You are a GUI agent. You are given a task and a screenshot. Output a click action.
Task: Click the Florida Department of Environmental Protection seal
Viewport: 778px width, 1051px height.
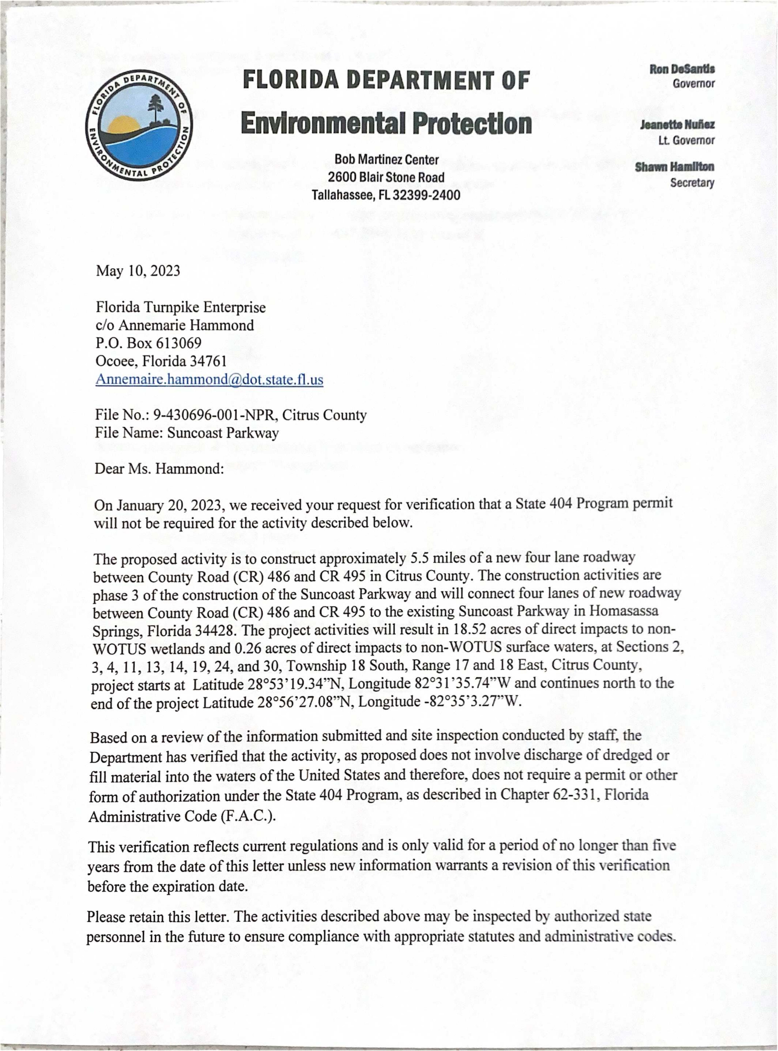pos(139,126)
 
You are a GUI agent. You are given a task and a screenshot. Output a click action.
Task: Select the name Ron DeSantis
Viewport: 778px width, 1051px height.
pos(682,69)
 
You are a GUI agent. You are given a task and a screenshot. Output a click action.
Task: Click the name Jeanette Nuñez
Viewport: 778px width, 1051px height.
pos(677,125)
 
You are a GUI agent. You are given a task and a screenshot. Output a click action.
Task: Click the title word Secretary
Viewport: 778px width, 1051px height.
pos(692,183)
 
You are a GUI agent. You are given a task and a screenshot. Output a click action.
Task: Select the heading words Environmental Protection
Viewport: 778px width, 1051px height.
pos(386,123)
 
